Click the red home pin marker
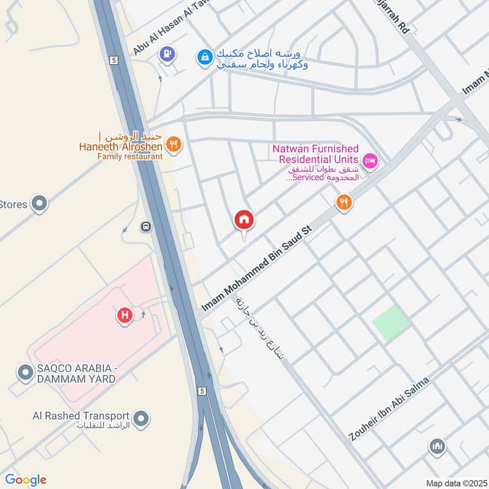[x=244, y=219]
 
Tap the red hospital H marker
[x=125, y=315]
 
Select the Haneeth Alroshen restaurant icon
[x=174, y=145]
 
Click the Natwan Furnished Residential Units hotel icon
[x=370, y=161]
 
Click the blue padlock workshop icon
[x=204, y=57]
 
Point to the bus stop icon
[x=146, y=227]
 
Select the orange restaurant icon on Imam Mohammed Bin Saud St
[x=344, y=202]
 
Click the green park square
[x=391, y=323]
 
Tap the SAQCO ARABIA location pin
[x=25, y=373]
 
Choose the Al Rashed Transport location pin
[x=142, y=419]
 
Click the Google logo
[x=25, y=480]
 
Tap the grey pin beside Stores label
[x=40, y=204]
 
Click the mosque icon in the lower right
[x=436, y=447]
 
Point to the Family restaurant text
[x=130, y=156]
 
